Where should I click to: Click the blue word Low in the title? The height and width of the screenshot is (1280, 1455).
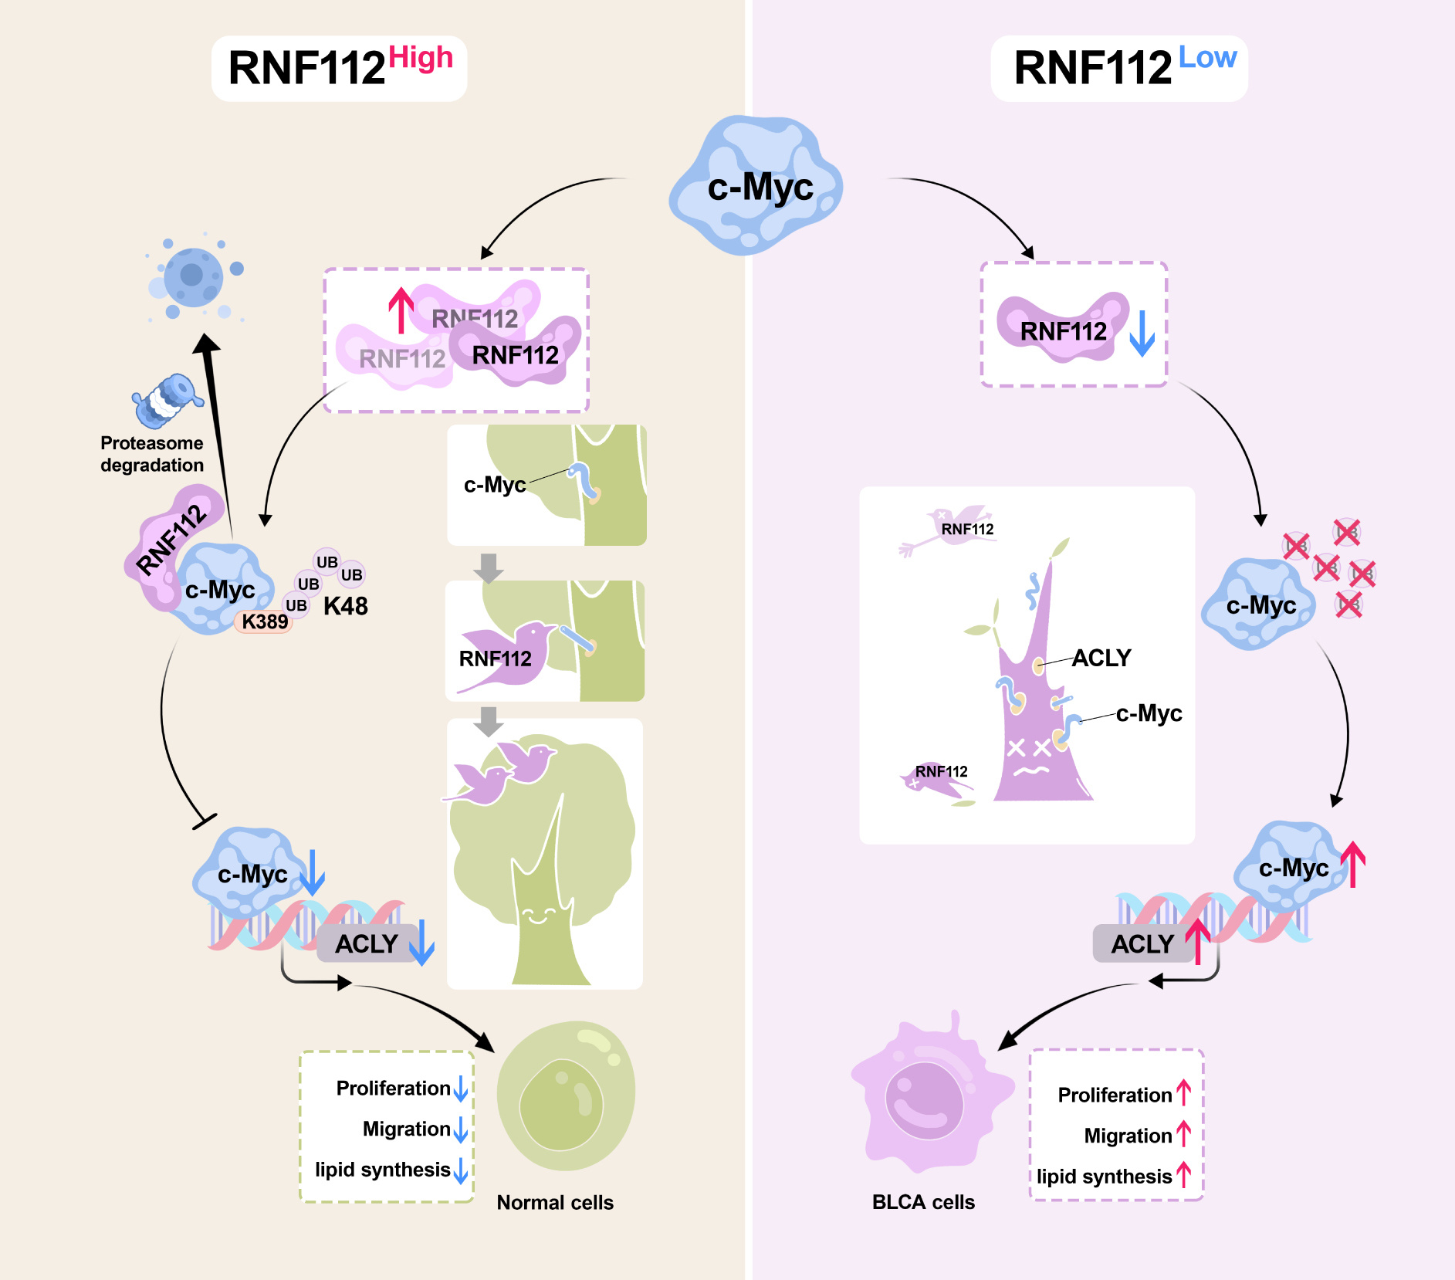coord(1207,58)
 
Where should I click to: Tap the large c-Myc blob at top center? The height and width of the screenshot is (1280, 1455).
coord(756,185)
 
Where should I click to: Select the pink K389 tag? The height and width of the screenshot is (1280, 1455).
coord(264,621)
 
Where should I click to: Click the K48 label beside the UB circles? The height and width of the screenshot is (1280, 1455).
coord(346,607)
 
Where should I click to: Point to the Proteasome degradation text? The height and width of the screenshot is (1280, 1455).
coord(152,454)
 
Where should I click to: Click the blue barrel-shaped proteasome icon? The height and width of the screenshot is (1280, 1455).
coord(167,400)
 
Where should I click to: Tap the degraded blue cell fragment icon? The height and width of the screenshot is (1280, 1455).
coord(193,276)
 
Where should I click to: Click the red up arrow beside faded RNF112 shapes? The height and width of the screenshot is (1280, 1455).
coord(401,310)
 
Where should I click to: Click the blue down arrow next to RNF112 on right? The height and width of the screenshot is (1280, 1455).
coord(1142,333)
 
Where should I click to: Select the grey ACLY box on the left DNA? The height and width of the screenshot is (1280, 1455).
coord(366,944)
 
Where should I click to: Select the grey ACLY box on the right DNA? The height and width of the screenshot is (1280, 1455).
coord(1142,944)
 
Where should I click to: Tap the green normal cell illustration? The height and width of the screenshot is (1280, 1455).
coord(566,1096)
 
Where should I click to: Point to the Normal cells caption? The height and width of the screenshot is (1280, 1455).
coord(555,1203)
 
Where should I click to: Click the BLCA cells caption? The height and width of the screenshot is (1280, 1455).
coord(923,1202)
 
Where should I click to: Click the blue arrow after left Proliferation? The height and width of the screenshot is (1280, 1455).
coord(461,1089)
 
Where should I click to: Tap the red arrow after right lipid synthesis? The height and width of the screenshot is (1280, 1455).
coord(1184,1175)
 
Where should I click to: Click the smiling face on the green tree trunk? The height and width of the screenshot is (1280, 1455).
coord(539,916)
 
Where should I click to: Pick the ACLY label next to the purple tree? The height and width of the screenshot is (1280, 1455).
coord(1101,658)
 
